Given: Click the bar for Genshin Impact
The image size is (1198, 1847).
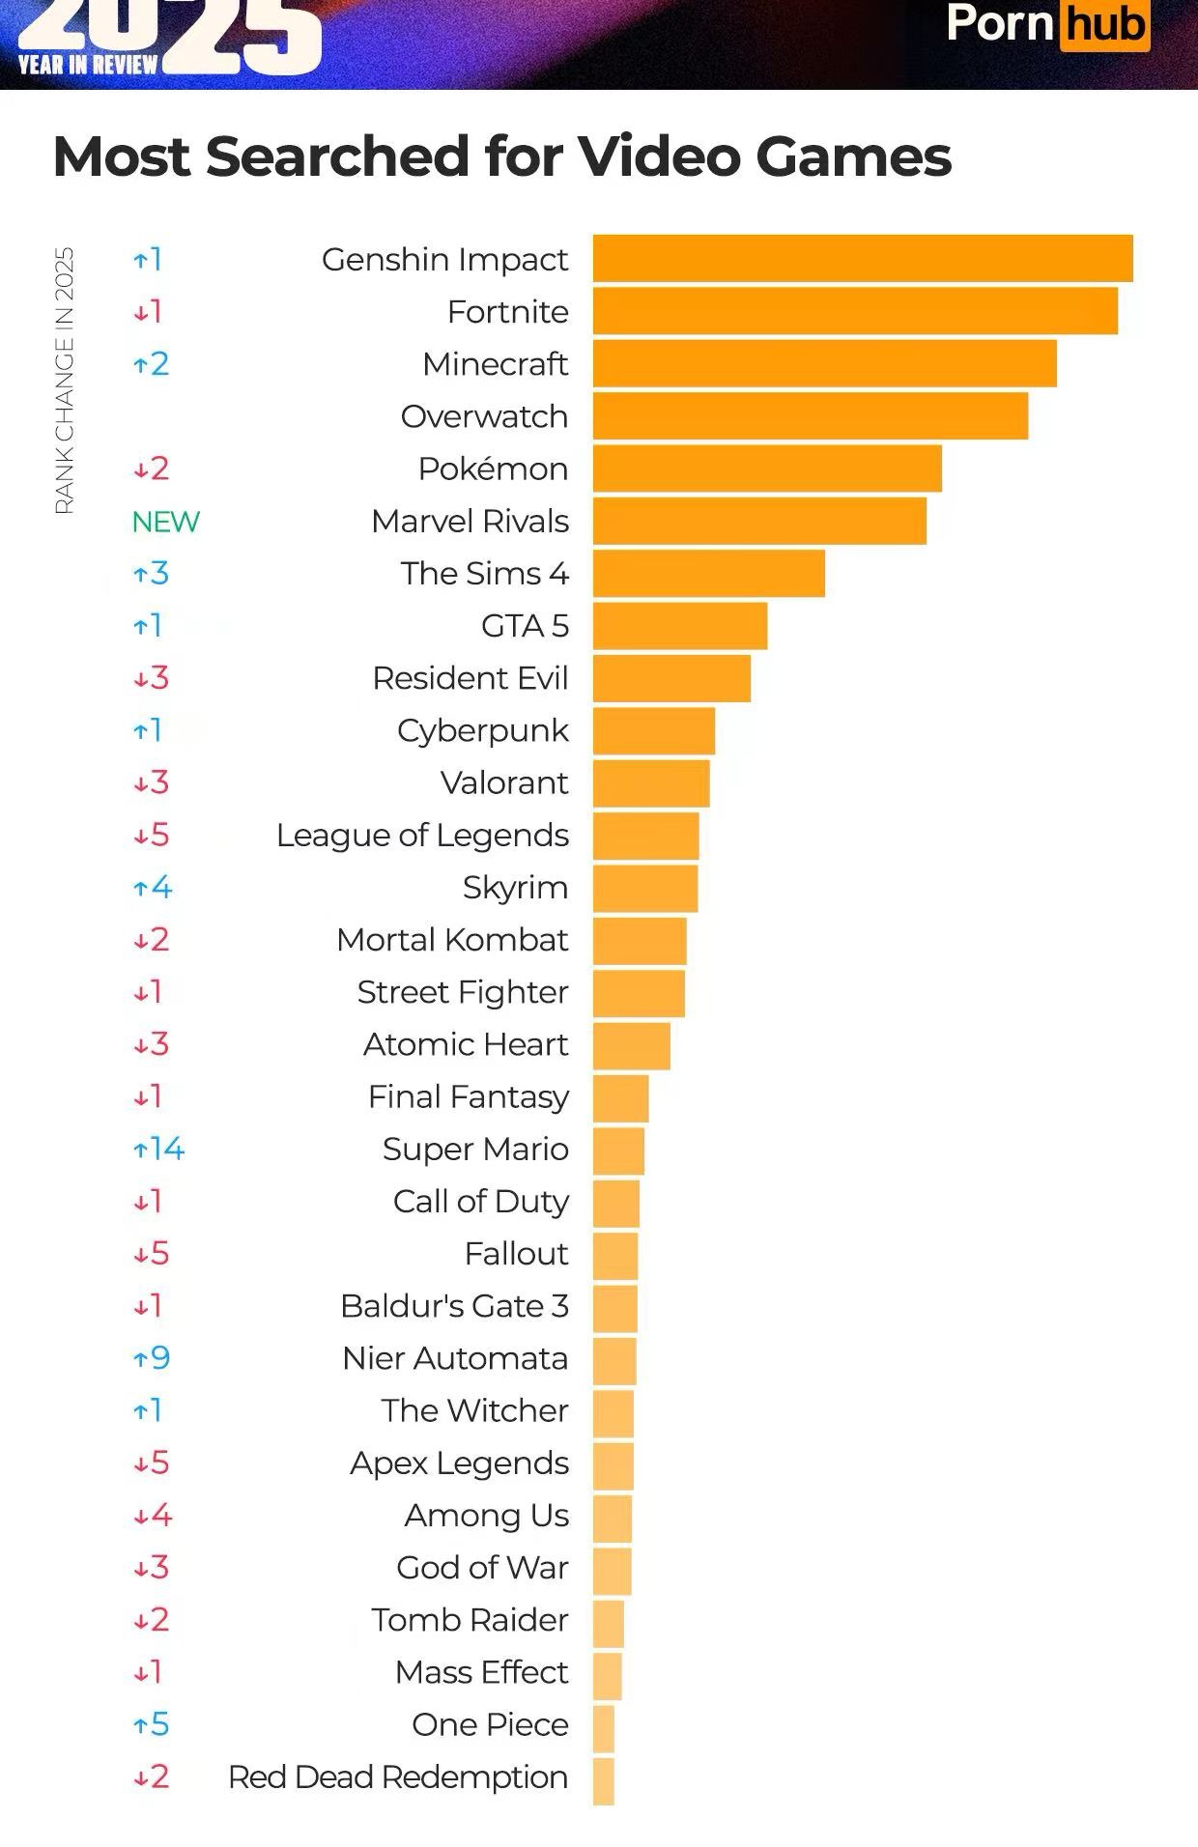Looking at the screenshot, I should point(862,259).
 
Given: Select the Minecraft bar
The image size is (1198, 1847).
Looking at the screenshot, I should point(824,363).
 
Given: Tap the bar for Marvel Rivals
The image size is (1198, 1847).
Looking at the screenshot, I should point(759,521).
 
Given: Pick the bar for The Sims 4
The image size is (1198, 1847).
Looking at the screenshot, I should point(708,573).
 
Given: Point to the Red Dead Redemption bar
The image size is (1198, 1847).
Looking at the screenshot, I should point(604,1781).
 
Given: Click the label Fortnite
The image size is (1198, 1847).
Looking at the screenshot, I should point(507,312).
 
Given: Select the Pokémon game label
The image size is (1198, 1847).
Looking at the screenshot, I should point(493,469).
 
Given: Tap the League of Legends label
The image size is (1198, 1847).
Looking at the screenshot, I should point(422,835).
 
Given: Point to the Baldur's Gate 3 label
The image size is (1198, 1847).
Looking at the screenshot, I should point(454,1306).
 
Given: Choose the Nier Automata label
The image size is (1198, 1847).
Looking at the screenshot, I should point(455,1358).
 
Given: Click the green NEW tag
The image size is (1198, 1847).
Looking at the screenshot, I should point(165,522).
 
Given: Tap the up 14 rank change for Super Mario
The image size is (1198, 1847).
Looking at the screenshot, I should point(158,1149).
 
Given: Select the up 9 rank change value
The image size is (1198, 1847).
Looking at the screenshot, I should point(152,1358).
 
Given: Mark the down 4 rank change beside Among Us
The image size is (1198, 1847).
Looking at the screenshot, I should point(152,1515).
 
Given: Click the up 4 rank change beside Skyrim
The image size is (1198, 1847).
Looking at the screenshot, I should point(152,887).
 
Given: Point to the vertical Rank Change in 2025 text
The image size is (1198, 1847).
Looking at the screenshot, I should point(65,381).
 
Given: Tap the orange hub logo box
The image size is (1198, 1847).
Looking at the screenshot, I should point(1105,24).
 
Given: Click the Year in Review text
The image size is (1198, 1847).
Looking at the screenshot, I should point(87,65).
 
